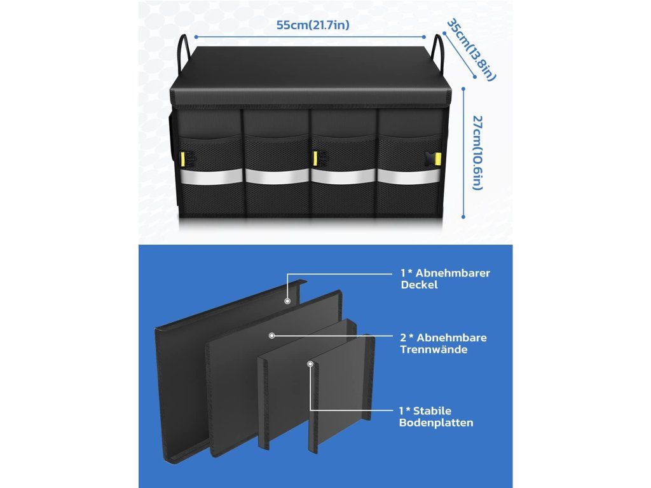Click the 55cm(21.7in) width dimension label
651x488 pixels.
pos(312,26)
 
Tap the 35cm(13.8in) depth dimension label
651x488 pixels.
pos(471,50)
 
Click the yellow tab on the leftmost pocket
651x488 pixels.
pos(183,158)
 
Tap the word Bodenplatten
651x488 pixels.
pos(437,423)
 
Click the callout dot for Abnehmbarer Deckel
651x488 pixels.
pos(287,300)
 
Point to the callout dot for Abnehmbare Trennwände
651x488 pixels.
pos(272,335)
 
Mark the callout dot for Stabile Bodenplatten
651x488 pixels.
pos(310,364)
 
